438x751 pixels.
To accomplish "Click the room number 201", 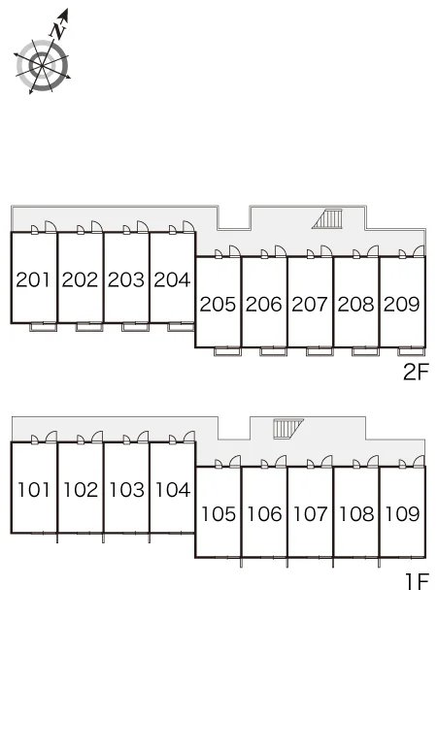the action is pyautogui.click(x=33, y=279).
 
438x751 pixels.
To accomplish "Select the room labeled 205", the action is pyautogui.click(x=218, y=304).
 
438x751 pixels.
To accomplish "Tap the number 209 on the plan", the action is pyautogui.click(x=401, y=304).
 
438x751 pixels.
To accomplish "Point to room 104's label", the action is pyautogui.click(x=173, y=490).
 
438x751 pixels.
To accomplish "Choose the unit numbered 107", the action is pyautogui.click(x=310, y=514).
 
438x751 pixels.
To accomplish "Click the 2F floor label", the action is pyautogui.click(x=415, y=373).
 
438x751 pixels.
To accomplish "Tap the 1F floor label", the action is pyautogui.click(x=417, y=582).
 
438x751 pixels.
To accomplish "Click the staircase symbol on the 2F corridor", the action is pyautogui.click(x=328, y=219).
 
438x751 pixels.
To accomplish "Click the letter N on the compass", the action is pyautogui.click(x=59, y=31).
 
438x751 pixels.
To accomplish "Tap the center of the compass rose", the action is pyautogui.click(x=42, y=65).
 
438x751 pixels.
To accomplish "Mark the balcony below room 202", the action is pyautogui.click(x=89, y=327).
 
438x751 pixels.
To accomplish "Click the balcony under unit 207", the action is pyautogui.click(x=320, y=351).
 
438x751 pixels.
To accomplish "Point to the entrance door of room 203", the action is pyautogui.click(x=143, y=227).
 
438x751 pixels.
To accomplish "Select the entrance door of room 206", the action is pyautogui.click(x=281, y=251).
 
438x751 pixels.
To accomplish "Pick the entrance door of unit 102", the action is pyautogui.click(x=97, y=437).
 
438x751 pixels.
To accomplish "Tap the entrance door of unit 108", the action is pyautogui.click(x=373, y=461).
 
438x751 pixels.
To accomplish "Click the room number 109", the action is pyautogui.click(x=402, y=514).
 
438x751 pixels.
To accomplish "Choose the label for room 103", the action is pyautogui.click(x=126, y=490).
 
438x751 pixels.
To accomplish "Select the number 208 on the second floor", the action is pyautogui.click(x=355, y=304).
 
